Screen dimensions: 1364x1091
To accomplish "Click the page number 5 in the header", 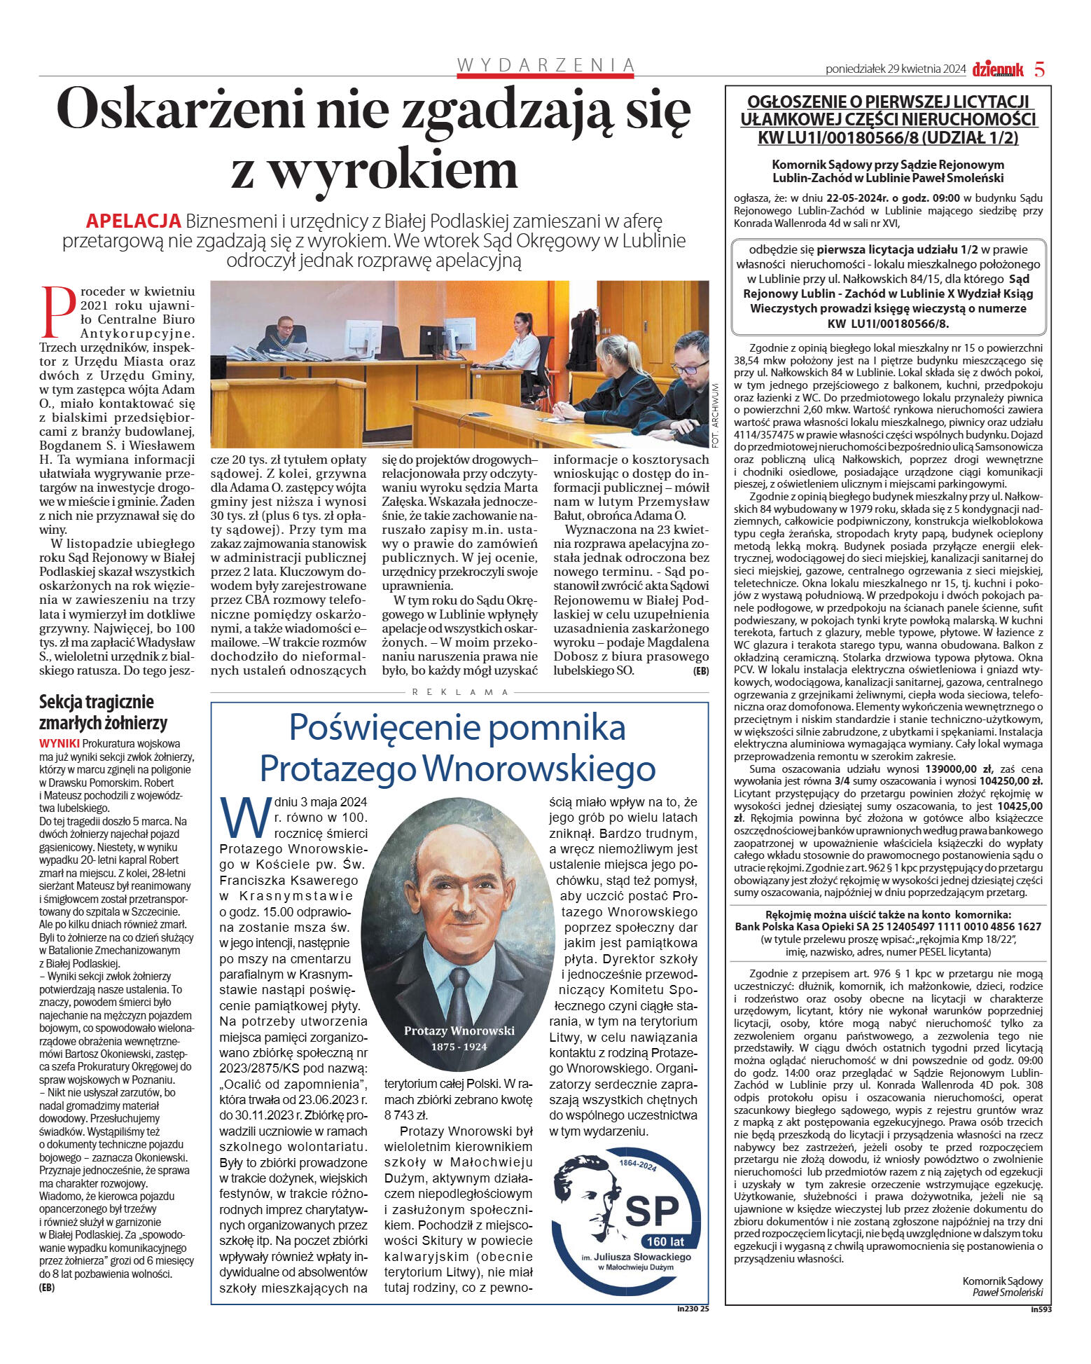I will (x=1039, y=69).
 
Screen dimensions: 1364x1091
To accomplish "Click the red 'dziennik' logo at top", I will (x=997, y=69).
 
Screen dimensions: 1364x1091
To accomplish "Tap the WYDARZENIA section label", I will (x=545, y=66).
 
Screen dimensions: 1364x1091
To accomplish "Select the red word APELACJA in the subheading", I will (x=133, y=221).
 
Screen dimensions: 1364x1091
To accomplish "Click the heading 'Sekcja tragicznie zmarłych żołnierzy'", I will (x=103, y=712).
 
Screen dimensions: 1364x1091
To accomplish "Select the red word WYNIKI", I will (x=60, y=743).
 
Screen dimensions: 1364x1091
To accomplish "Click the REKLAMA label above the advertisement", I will (x=459, y=691).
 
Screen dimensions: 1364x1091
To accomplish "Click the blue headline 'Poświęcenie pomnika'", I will (x=457, y=727).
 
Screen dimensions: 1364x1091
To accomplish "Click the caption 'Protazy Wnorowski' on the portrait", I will (x=459, y=1031).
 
